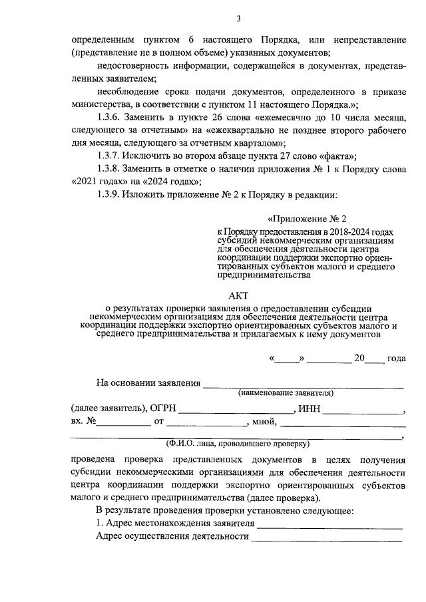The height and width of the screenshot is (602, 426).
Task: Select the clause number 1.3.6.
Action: point(110,118)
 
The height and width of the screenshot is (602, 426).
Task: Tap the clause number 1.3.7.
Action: point(110,156)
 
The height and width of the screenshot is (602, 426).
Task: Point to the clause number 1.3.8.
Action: point(110,169)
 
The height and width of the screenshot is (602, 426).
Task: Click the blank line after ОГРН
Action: point(235,412)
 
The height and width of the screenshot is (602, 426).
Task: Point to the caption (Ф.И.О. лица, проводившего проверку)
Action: point(238,443)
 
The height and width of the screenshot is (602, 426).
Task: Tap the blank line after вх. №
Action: point(125,424)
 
